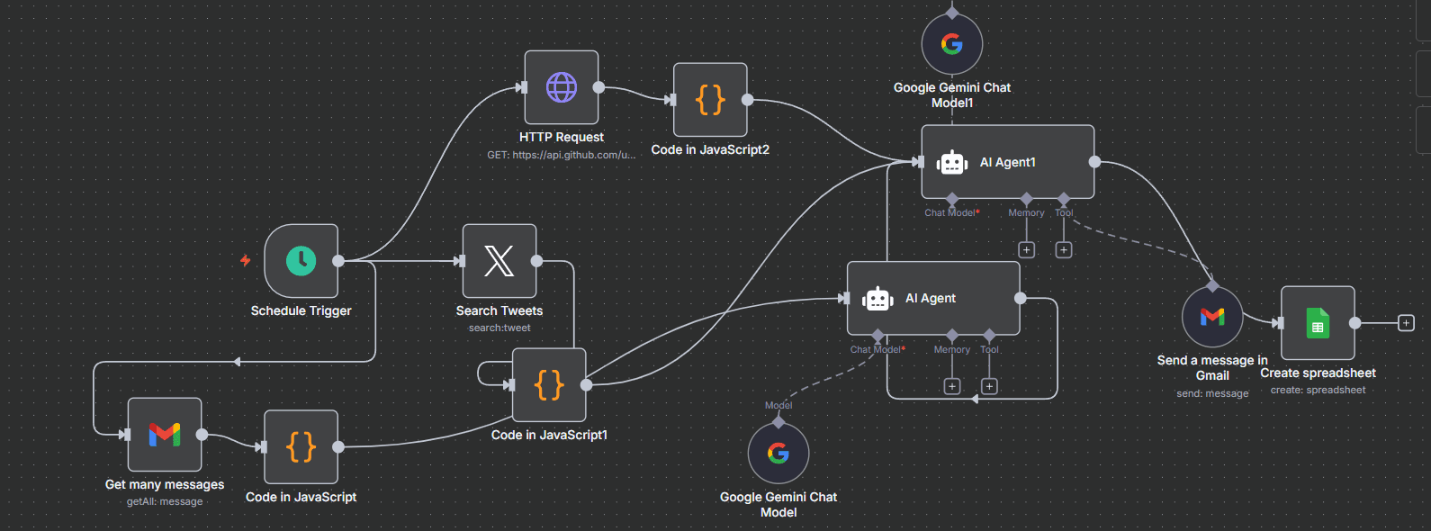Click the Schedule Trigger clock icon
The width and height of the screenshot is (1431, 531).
point(301,261)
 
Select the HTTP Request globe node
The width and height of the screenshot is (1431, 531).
point(562,87)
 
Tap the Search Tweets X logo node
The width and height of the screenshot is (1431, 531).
point(499,261)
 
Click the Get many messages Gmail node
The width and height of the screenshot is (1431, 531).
point(165,435)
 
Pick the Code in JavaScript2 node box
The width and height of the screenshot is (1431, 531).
point(710,100)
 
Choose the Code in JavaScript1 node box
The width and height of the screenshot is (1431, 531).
point(549,385)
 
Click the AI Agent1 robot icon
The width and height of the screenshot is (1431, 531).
point(952,163)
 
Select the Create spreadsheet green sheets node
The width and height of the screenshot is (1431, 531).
point(1318,323)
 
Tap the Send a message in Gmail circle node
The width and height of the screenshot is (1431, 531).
point(1212,317)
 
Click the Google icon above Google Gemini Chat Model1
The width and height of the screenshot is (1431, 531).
point(952,44)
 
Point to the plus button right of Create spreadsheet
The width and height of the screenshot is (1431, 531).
point(1406,323)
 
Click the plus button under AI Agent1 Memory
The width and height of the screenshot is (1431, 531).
point(1027,250)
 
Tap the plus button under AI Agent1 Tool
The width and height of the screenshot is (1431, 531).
point(1064,250)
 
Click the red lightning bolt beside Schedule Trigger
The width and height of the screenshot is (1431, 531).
point(245,261)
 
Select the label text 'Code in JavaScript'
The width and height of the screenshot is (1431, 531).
point(301,497)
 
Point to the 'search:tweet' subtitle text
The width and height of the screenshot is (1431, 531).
point(499,328)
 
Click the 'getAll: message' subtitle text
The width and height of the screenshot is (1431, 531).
point(165,502)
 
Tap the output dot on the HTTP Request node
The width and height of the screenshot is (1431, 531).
point(598,87)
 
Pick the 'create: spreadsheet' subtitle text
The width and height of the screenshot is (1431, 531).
point(1318,391)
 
